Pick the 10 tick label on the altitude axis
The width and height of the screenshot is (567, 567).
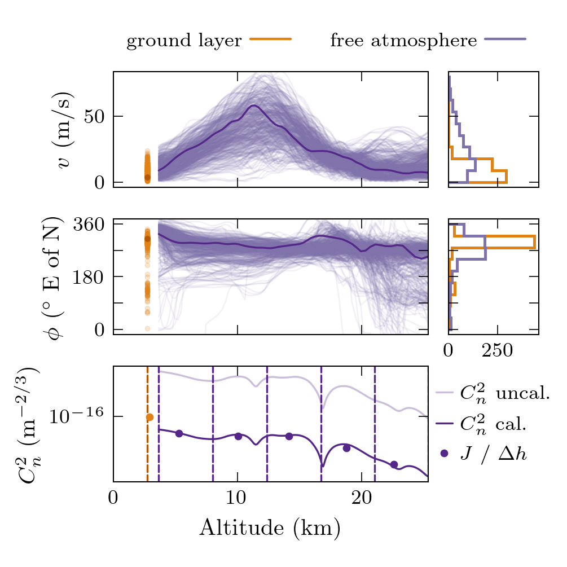click(237, 499)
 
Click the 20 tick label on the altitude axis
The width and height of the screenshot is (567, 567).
click(361, 499)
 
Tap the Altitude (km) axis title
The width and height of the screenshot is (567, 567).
click(270, 528)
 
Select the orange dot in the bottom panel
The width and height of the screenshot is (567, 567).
click(150, 417)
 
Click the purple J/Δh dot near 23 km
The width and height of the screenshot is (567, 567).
click(394, 464)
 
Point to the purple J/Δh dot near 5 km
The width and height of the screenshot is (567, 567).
click(179, 433)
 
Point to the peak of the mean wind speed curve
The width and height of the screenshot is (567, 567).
click(254, 106)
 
